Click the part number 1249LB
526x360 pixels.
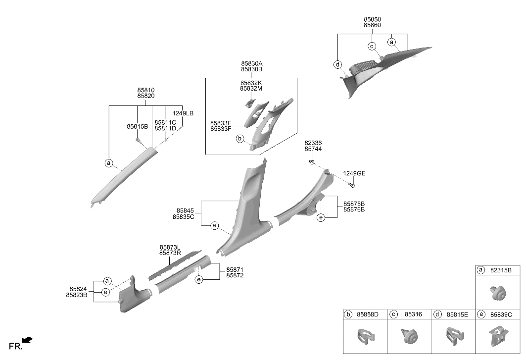[x=183, y=113]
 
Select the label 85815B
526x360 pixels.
[x=137, y=127]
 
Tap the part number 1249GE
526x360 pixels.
[x=354, y=173]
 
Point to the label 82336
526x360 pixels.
[x=313, y=143]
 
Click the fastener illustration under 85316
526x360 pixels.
[x=410, y=335]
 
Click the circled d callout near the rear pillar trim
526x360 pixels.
[x=338, y=64]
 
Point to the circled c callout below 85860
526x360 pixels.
[x=372, y=47]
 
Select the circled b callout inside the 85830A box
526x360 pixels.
[x=240, y=138]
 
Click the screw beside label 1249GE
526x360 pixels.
[x=351, y=184]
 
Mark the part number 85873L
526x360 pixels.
[x=170, y=248]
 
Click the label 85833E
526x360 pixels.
[x=221, y=123]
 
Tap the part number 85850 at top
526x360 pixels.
[x=373, y=19]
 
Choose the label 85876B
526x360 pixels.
[x=354, y=209]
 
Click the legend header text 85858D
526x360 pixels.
[x=367, y=314]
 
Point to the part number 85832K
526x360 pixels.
[x=251, y=83]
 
